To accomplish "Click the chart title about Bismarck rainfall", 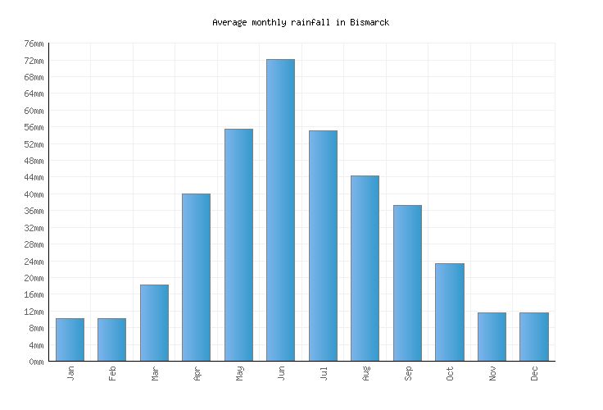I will (x=301, y=22).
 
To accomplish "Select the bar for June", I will (x=280, y=210).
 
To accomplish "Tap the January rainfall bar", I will (x=70, y=339).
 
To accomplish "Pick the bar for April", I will (x=196, y=277).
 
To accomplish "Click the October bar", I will (x=449, y=312).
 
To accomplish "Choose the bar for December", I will (x=533, y=336).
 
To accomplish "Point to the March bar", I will (x=154, y=322).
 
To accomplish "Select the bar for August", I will (x=365, y=268).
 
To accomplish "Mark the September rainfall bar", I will (x=407, y=283).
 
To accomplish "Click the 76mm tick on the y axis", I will (x=34, y=44).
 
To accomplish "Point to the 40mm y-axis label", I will (x=34, y=194).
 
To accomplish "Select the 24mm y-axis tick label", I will (x=34, y=262).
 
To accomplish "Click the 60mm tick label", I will (x=34, y=111).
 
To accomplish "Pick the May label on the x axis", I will (x=239, y=373).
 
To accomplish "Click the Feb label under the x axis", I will (x=112, y=373).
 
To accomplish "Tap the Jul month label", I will (x=323, y=373).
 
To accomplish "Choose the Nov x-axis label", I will (x=492, y=373).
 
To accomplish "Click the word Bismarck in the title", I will (x=368, y=22).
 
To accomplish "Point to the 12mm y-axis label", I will (x=34, y=312).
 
